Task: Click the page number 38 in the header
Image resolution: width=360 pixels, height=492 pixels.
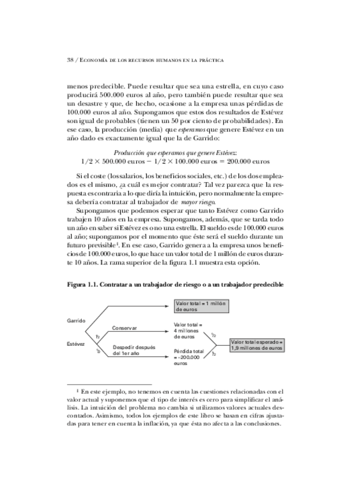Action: click(x=71, y=59)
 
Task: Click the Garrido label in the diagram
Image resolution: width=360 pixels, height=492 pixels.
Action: click(x=77, y=320)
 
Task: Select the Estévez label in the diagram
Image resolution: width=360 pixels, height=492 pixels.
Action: click(x=77, y=344)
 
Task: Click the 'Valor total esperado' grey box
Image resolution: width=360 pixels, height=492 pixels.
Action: click(x=256, y=345)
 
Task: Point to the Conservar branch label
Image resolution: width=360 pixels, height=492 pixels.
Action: click(x=125, y=328)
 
